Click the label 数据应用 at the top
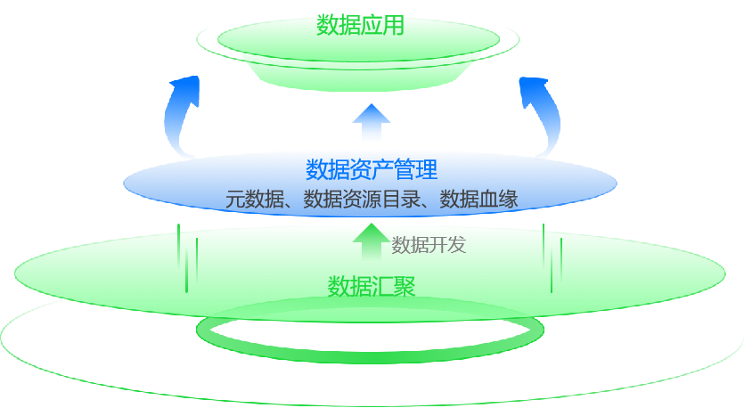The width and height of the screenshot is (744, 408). click(361, 25)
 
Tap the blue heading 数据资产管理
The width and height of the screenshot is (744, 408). click(372, 169)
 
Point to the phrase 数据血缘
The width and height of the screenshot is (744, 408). click(479, 199)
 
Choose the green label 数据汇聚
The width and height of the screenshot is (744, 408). click(372, 286)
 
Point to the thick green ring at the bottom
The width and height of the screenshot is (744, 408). click(370, 343)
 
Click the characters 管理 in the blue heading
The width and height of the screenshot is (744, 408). click(415, 169)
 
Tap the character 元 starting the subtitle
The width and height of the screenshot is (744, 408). click(235, 199)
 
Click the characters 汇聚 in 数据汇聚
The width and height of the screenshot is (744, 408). click(394, 286)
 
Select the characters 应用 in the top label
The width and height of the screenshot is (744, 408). click(383, 25)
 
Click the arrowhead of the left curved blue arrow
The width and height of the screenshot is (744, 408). click(186, 88)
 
